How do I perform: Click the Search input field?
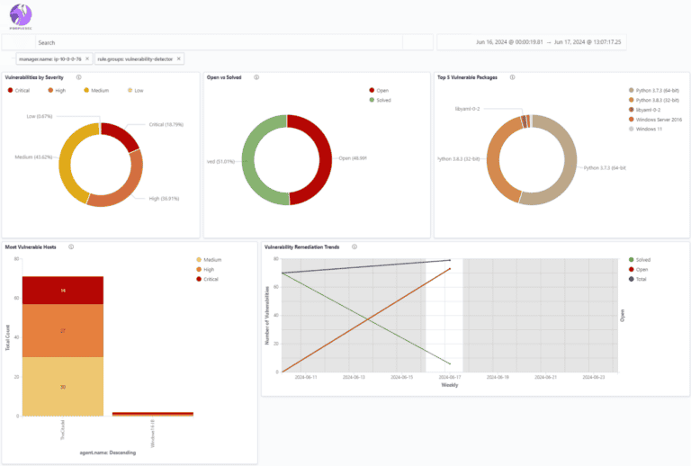coord(216,42)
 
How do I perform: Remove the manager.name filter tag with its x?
coord(87,58)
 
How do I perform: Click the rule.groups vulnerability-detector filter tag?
coord(135,58)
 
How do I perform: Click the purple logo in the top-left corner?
coord(20,15)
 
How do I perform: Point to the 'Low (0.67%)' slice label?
coord(44,116)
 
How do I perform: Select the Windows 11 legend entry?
coord(646,130)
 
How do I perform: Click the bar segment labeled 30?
coord(63,386)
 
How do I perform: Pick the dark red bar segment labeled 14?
coord(63,291)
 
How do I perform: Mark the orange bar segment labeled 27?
coord(63,330)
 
